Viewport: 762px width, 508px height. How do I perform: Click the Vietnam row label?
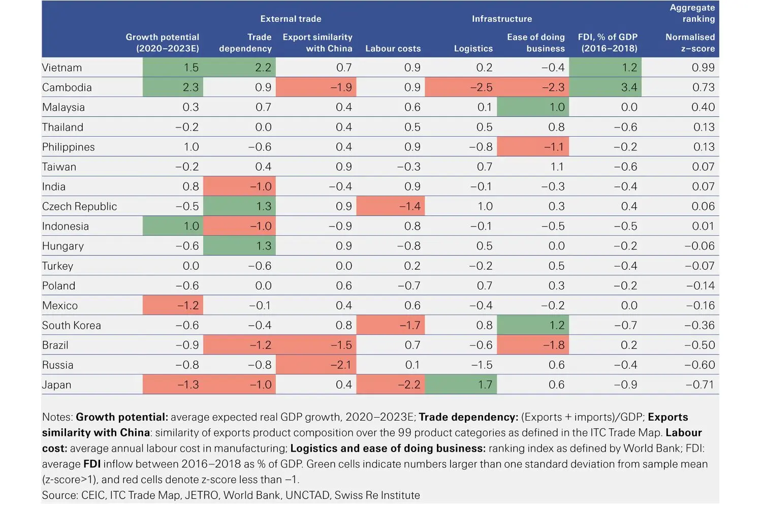coord(62,68)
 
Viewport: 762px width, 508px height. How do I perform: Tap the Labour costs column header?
coord(393,49)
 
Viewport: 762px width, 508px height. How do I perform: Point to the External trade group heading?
coord(291,19)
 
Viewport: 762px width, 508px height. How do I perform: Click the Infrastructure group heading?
coord(501,19)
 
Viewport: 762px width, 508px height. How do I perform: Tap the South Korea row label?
coord(72,325)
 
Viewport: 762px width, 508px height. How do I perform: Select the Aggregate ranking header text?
coord(692,13)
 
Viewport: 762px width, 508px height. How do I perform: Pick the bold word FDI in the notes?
coord(92,464)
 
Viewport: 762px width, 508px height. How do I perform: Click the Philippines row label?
coord(69,147)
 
